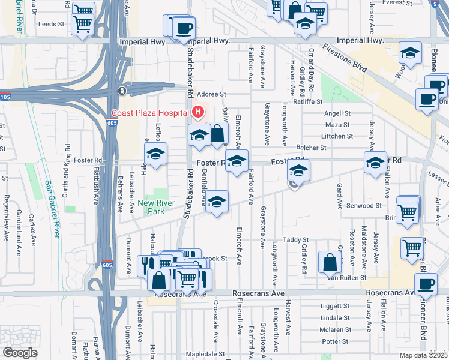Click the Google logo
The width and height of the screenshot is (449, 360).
pos(20,352)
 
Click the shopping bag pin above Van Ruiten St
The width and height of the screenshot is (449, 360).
pos(330,262)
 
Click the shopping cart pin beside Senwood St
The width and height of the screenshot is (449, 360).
pos(408,211)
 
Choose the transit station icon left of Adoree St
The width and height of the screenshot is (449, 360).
pos(122,91)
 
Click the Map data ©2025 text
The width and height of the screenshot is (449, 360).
pos(423,355)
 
